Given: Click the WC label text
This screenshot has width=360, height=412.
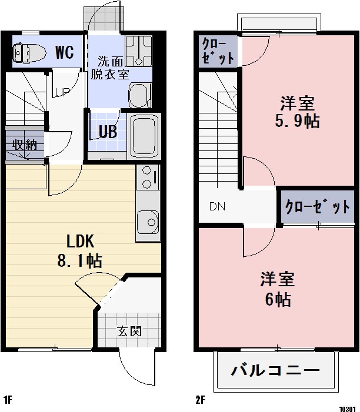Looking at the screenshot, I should pos(64,52).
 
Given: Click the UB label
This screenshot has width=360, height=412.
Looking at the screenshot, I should pos(107,132).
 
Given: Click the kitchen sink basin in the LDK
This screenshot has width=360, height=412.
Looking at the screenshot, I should pos(148,223).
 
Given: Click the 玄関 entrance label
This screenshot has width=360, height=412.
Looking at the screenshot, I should pos(129,331).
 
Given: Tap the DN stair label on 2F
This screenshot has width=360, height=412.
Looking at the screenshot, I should pos(217,207).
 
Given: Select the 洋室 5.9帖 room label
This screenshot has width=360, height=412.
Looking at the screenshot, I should pos(296,112).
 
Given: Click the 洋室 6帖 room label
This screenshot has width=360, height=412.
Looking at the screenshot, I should pos(277,289).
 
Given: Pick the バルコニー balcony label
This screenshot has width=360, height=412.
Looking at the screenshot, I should pos(275,371).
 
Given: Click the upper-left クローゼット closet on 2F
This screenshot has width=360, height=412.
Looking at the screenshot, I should pos(218,51).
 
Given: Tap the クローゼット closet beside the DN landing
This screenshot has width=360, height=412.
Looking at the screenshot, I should pos(317,207).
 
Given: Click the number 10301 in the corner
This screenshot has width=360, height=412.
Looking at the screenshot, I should pos(347,407).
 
